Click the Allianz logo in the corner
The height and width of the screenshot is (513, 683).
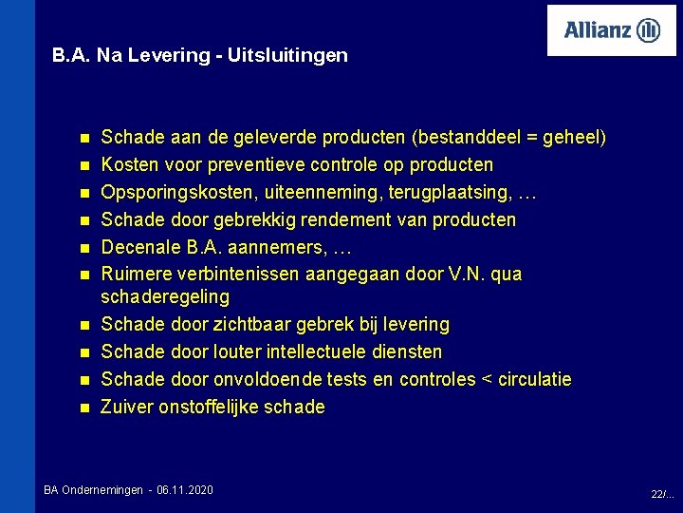[x=612, y=30]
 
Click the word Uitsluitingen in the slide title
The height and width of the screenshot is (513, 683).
[x=295, y=55]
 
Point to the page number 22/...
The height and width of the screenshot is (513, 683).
[x=662, y=494]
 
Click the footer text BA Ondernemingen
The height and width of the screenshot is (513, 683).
[x=93, y=489]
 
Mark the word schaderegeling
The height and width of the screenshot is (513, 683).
[x=165, y=296]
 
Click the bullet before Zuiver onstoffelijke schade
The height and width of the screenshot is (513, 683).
[x=83, y=408]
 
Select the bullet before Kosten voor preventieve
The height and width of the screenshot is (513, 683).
[x=83, y=165]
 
